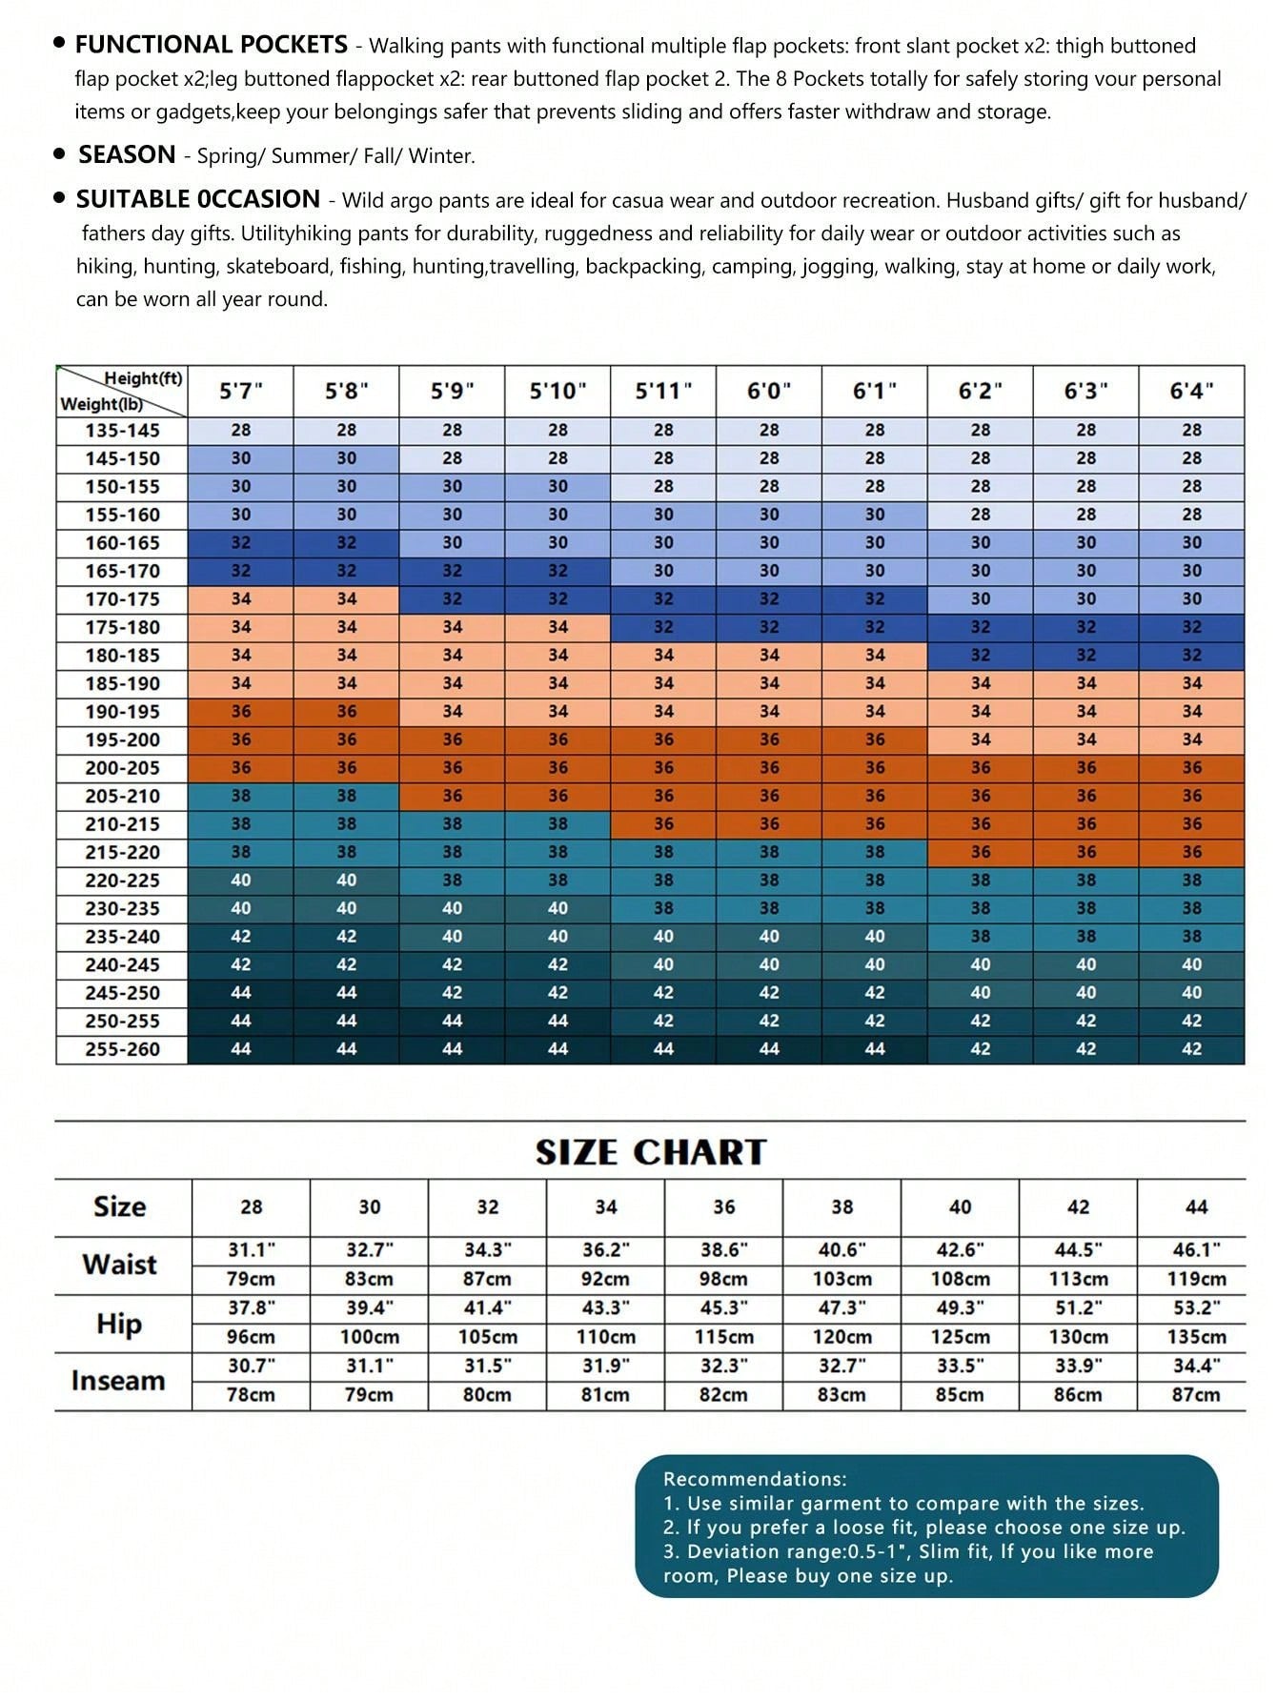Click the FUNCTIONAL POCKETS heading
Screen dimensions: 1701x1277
[211, 45]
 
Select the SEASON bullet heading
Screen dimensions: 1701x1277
[127, 154]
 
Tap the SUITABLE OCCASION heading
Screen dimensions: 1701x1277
[197, 199]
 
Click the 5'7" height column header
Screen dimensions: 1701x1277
[241, 391]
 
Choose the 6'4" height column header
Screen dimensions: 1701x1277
[1191, 391]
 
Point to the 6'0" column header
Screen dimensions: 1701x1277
[769, 391]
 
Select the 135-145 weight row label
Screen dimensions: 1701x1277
[122, 431]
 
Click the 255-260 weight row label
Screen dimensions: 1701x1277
[122, 1049]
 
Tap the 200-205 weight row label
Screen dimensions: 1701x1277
[122, 768]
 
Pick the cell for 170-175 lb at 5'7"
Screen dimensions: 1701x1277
[241, 599]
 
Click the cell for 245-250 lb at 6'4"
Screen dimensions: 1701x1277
[1191, 993]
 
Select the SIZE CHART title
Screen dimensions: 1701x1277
[651, 1152]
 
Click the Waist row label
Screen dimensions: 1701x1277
[119, 1265]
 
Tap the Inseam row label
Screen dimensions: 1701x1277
[118, 1381]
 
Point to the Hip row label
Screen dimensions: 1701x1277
[119, 1324]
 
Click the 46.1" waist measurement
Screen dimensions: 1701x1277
[1196, 1250]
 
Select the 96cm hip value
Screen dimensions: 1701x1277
[251, 1337]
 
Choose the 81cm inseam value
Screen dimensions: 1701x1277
[605, 1395]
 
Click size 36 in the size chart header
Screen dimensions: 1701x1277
[724, 1207]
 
